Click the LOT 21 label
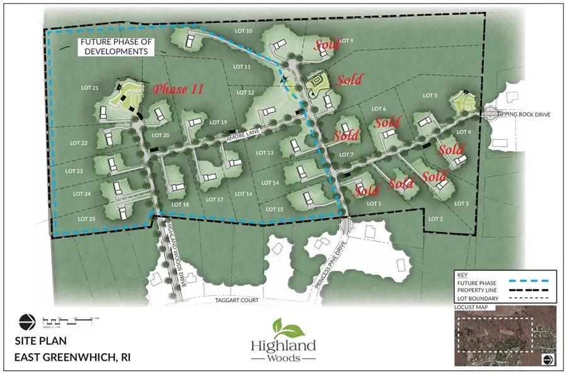[90, 88]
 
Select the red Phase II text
[178, 89]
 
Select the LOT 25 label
[86, 218]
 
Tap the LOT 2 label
[435, 218]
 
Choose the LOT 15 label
[275, 208]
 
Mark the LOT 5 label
[430, 95]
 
